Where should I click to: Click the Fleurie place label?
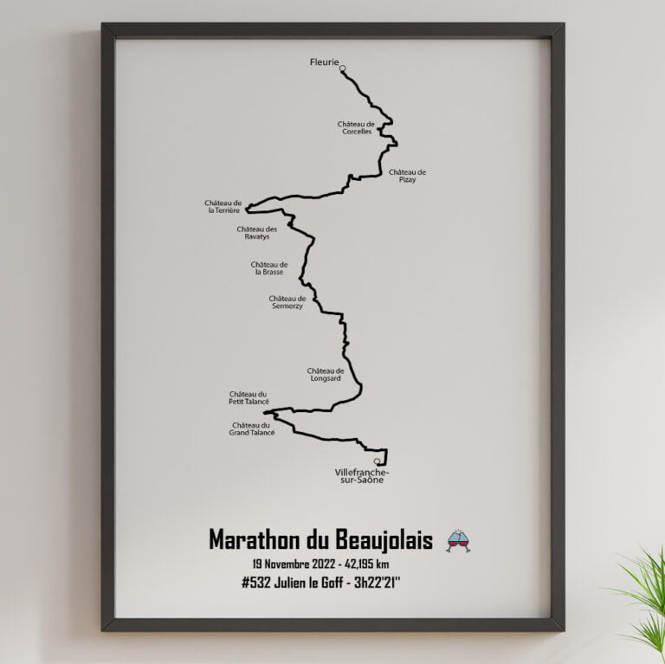click(324, 61)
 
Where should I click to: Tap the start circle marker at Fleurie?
click(343, 68)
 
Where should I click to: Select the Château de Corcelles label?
click(355, 127)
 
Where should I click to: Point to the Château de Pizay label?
click(407, 176)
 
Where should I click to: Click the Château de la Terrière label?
click(223, 206)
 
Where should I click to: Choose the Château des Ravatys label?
click(256, 232)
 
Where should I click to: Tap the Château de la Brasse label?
click(268, 268)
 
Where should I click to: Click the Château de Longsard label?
click(326, 374)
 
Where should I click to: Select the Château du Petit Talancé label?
click(249, 398)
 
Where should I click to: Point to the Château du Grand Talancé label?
click(253, 429)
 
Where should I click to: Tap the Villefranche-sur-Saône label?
click(361, 475)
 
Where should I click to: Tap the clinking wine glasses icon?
click(458, 540)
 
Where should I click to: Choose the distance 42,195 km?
click(363, 564)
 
